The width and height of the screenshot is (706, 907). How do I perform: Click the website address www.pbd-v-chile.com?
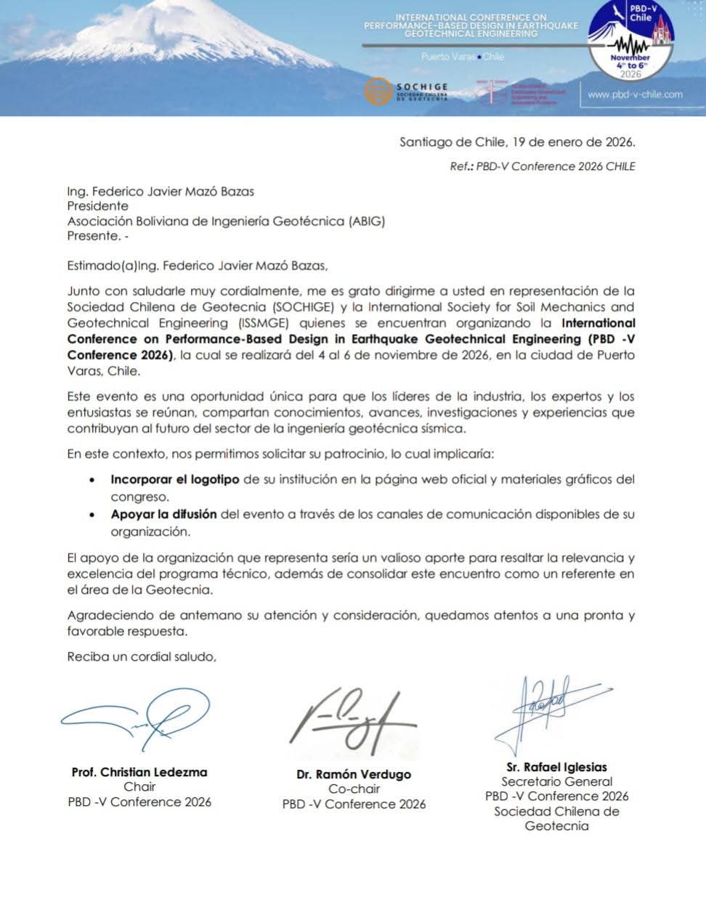click(635, 94)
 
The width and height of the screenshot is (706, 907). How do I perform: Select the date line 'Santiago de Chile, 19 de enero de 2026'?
click(517, 142)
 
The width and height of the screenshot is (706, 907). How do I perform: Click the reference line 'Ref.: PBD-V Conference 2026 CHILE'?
click(543, 166)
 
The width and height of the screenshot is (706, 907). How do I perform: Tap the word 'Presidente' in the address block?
click(97, 206)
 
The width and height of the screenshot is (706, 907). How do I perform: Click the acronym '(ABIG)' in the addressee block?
click(367, 221)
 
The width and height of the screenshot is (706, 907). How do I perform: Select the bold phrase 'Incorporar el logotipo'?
click(175, 479)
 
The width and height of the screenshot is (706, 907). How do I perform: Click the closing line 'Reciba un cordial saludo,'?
click(142, 656)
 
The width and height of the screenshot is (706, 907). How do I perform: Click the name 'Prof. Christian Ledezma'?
click(139, 772)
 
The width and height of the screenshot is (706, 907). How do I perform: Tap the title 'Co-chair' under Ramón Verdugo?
click(354, 789)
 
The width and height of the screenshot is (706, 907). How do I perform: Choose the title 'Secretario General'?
click(557, 782)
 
